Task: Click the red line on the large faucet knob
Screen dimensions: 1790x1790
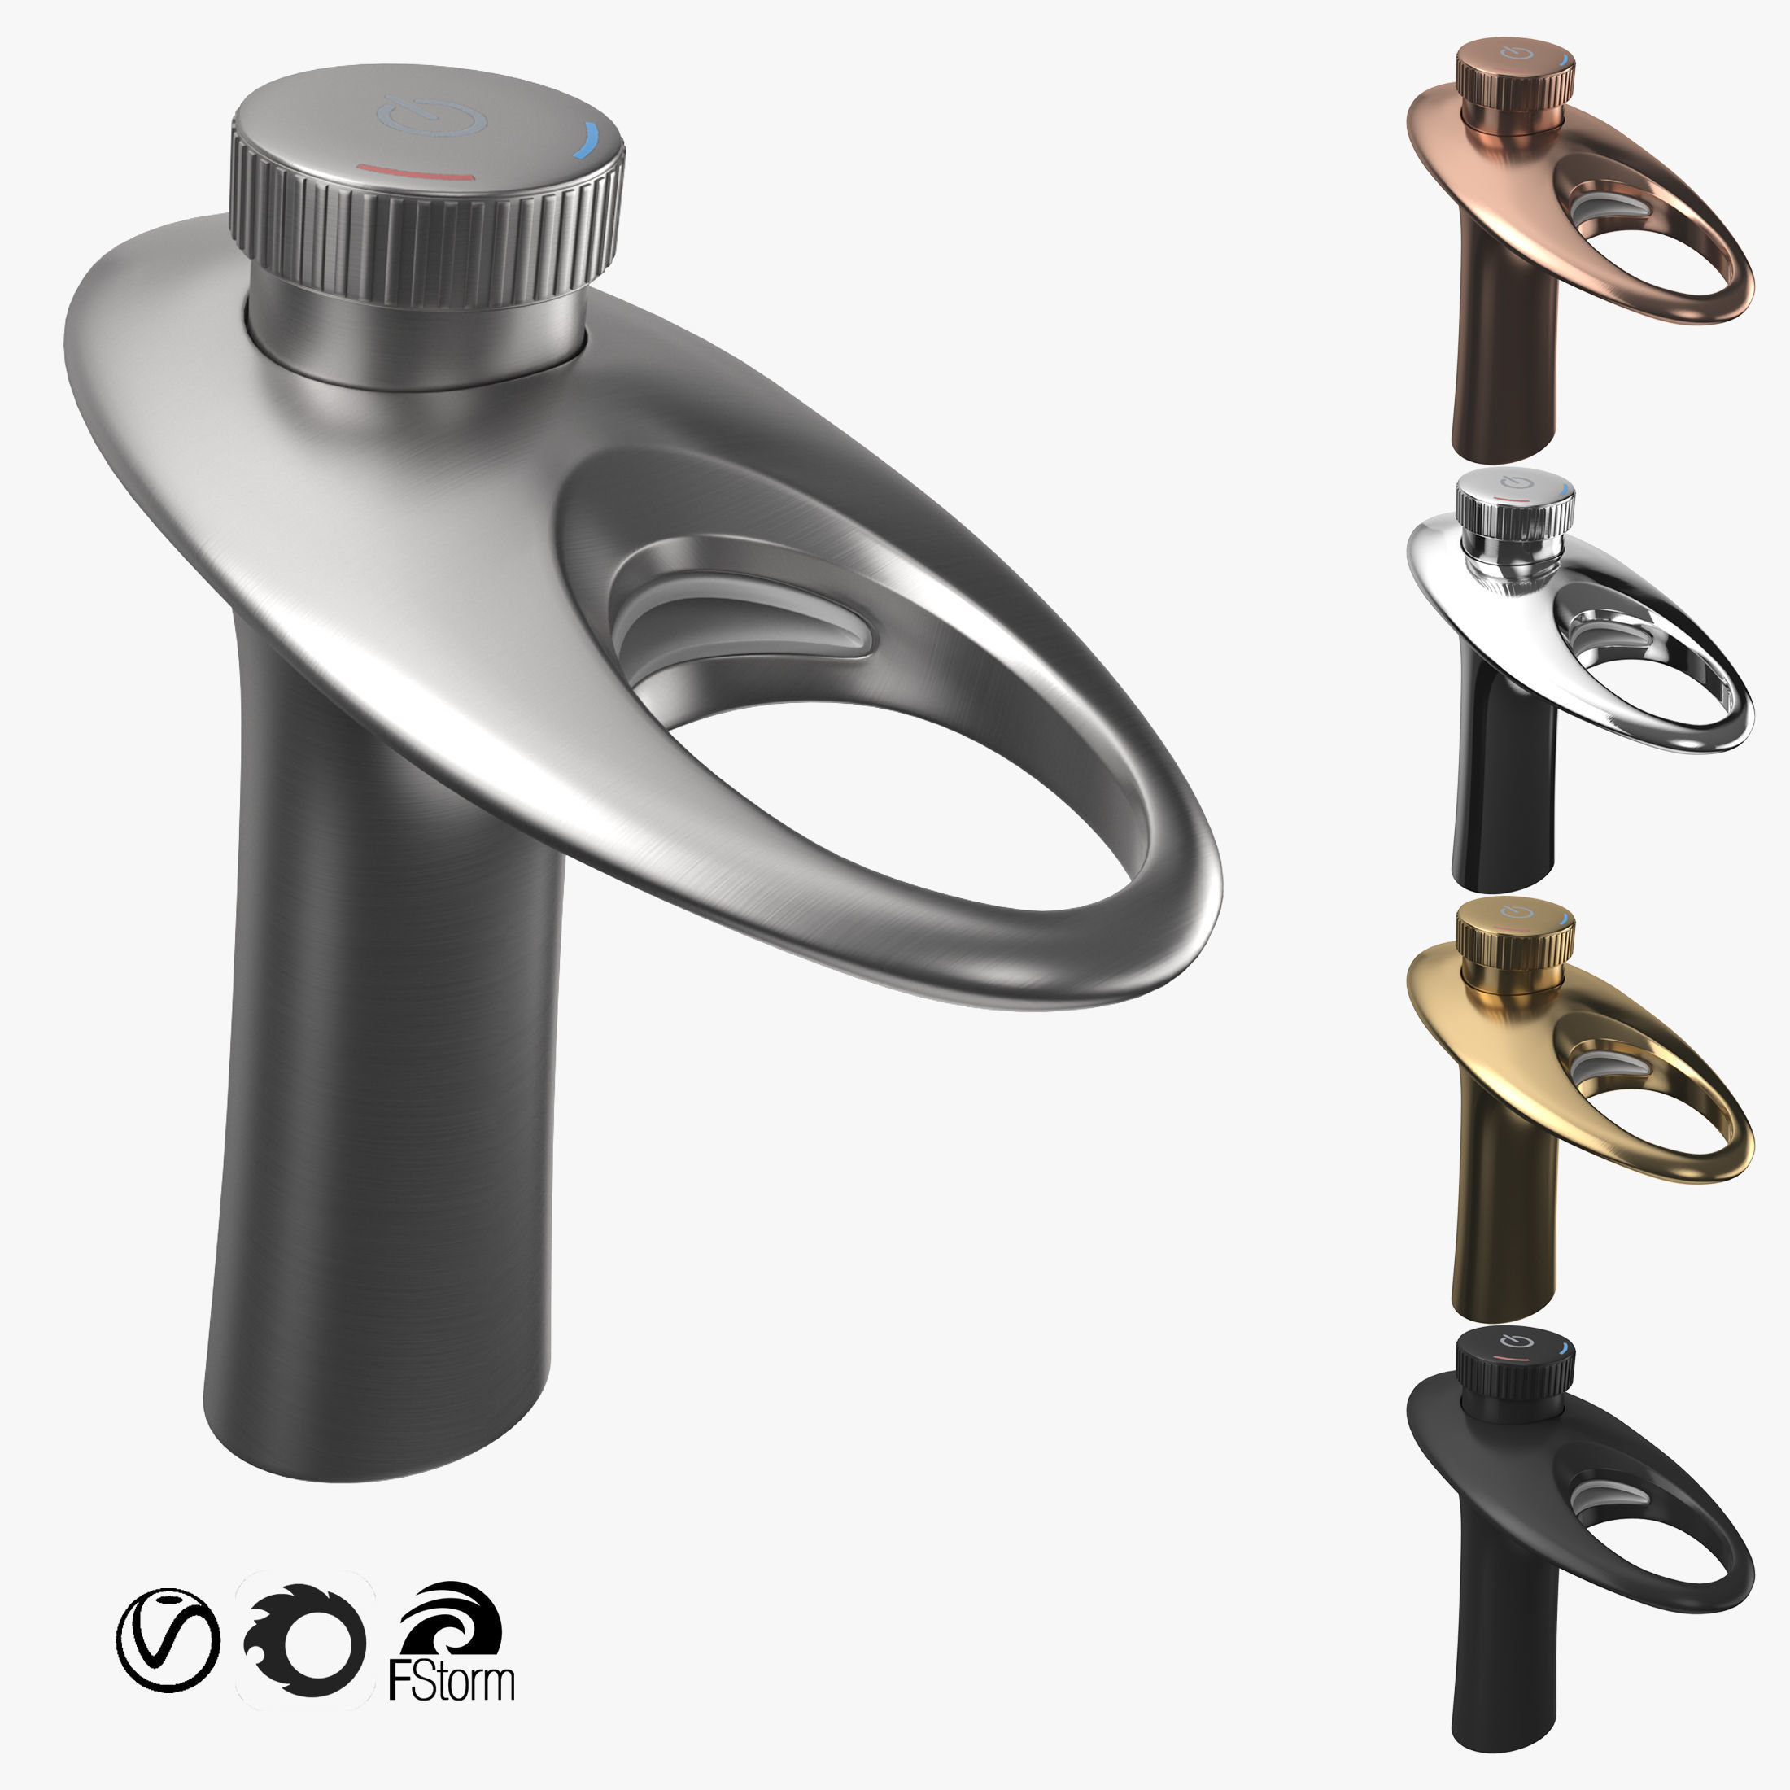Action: pos(416,172)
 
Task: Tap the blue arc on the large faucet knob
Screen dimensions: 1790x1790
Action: pos(587,141)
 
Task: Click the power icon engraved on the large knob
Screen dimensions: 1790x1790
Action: pos(432,115)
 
